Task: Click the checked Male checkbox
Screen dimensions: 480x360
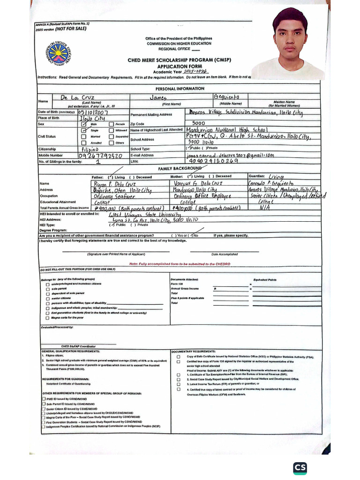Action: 84,124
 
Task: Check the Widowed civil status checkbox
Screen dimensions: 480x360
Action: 111,130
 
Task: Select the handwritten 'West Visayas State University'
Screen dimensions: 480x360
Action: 143,214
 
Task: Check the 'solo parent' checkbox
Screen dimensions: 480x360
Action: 47,289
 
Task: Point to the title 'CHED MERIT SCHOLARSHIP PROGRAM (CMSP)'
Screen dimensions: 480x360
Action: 172,60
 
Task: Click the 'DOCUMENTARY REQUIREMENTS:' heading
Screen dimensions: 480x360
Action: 194,351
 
